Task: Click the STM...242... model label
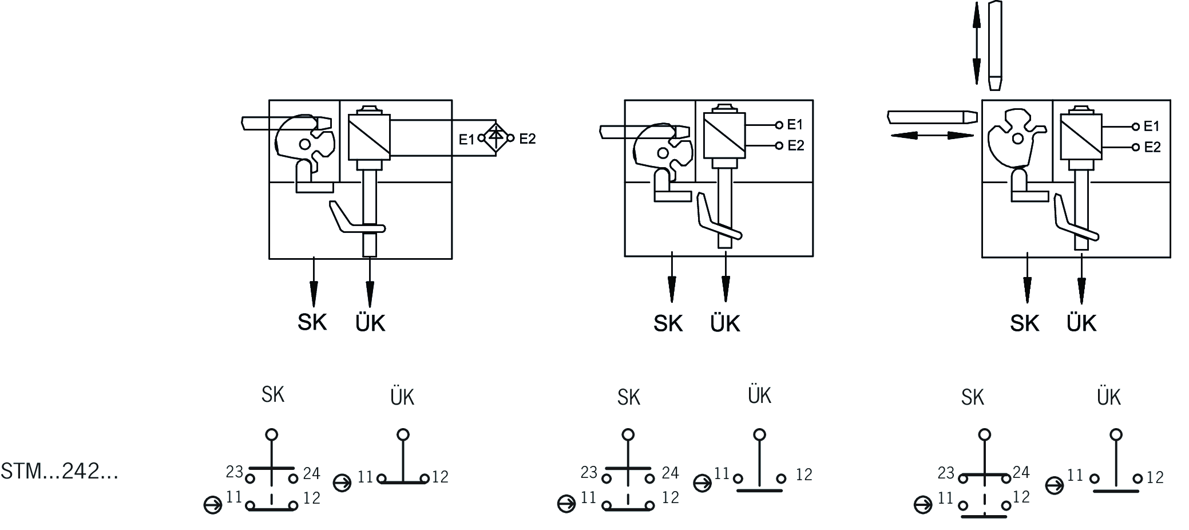(60, 472)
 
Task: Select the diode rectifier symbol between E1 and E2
(496, 138)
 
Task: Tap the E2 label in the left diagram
(527, 139)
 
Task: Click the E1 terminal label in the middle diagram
(795, 124)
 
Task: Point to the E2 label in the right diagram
(1152, 147)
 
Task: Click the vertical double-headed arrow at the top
(977, 43)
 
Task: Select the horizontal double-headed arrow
(932, 135)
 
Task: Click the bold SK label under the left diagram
(312, 322)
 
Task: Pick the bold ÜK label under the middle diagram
(725, 323)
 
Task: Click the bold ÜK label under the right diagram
(1081, 323)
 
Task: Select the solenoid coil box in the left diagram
(369, 137)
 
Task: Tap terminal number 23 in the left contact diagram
(235, 472)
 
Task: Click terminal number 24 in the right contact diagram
(1021, 472)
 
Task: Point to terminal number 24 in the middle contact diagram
(670, 473)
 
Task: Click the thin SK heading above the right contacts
(972, 397)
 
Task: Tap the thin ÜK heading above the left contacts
(402, 397)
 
